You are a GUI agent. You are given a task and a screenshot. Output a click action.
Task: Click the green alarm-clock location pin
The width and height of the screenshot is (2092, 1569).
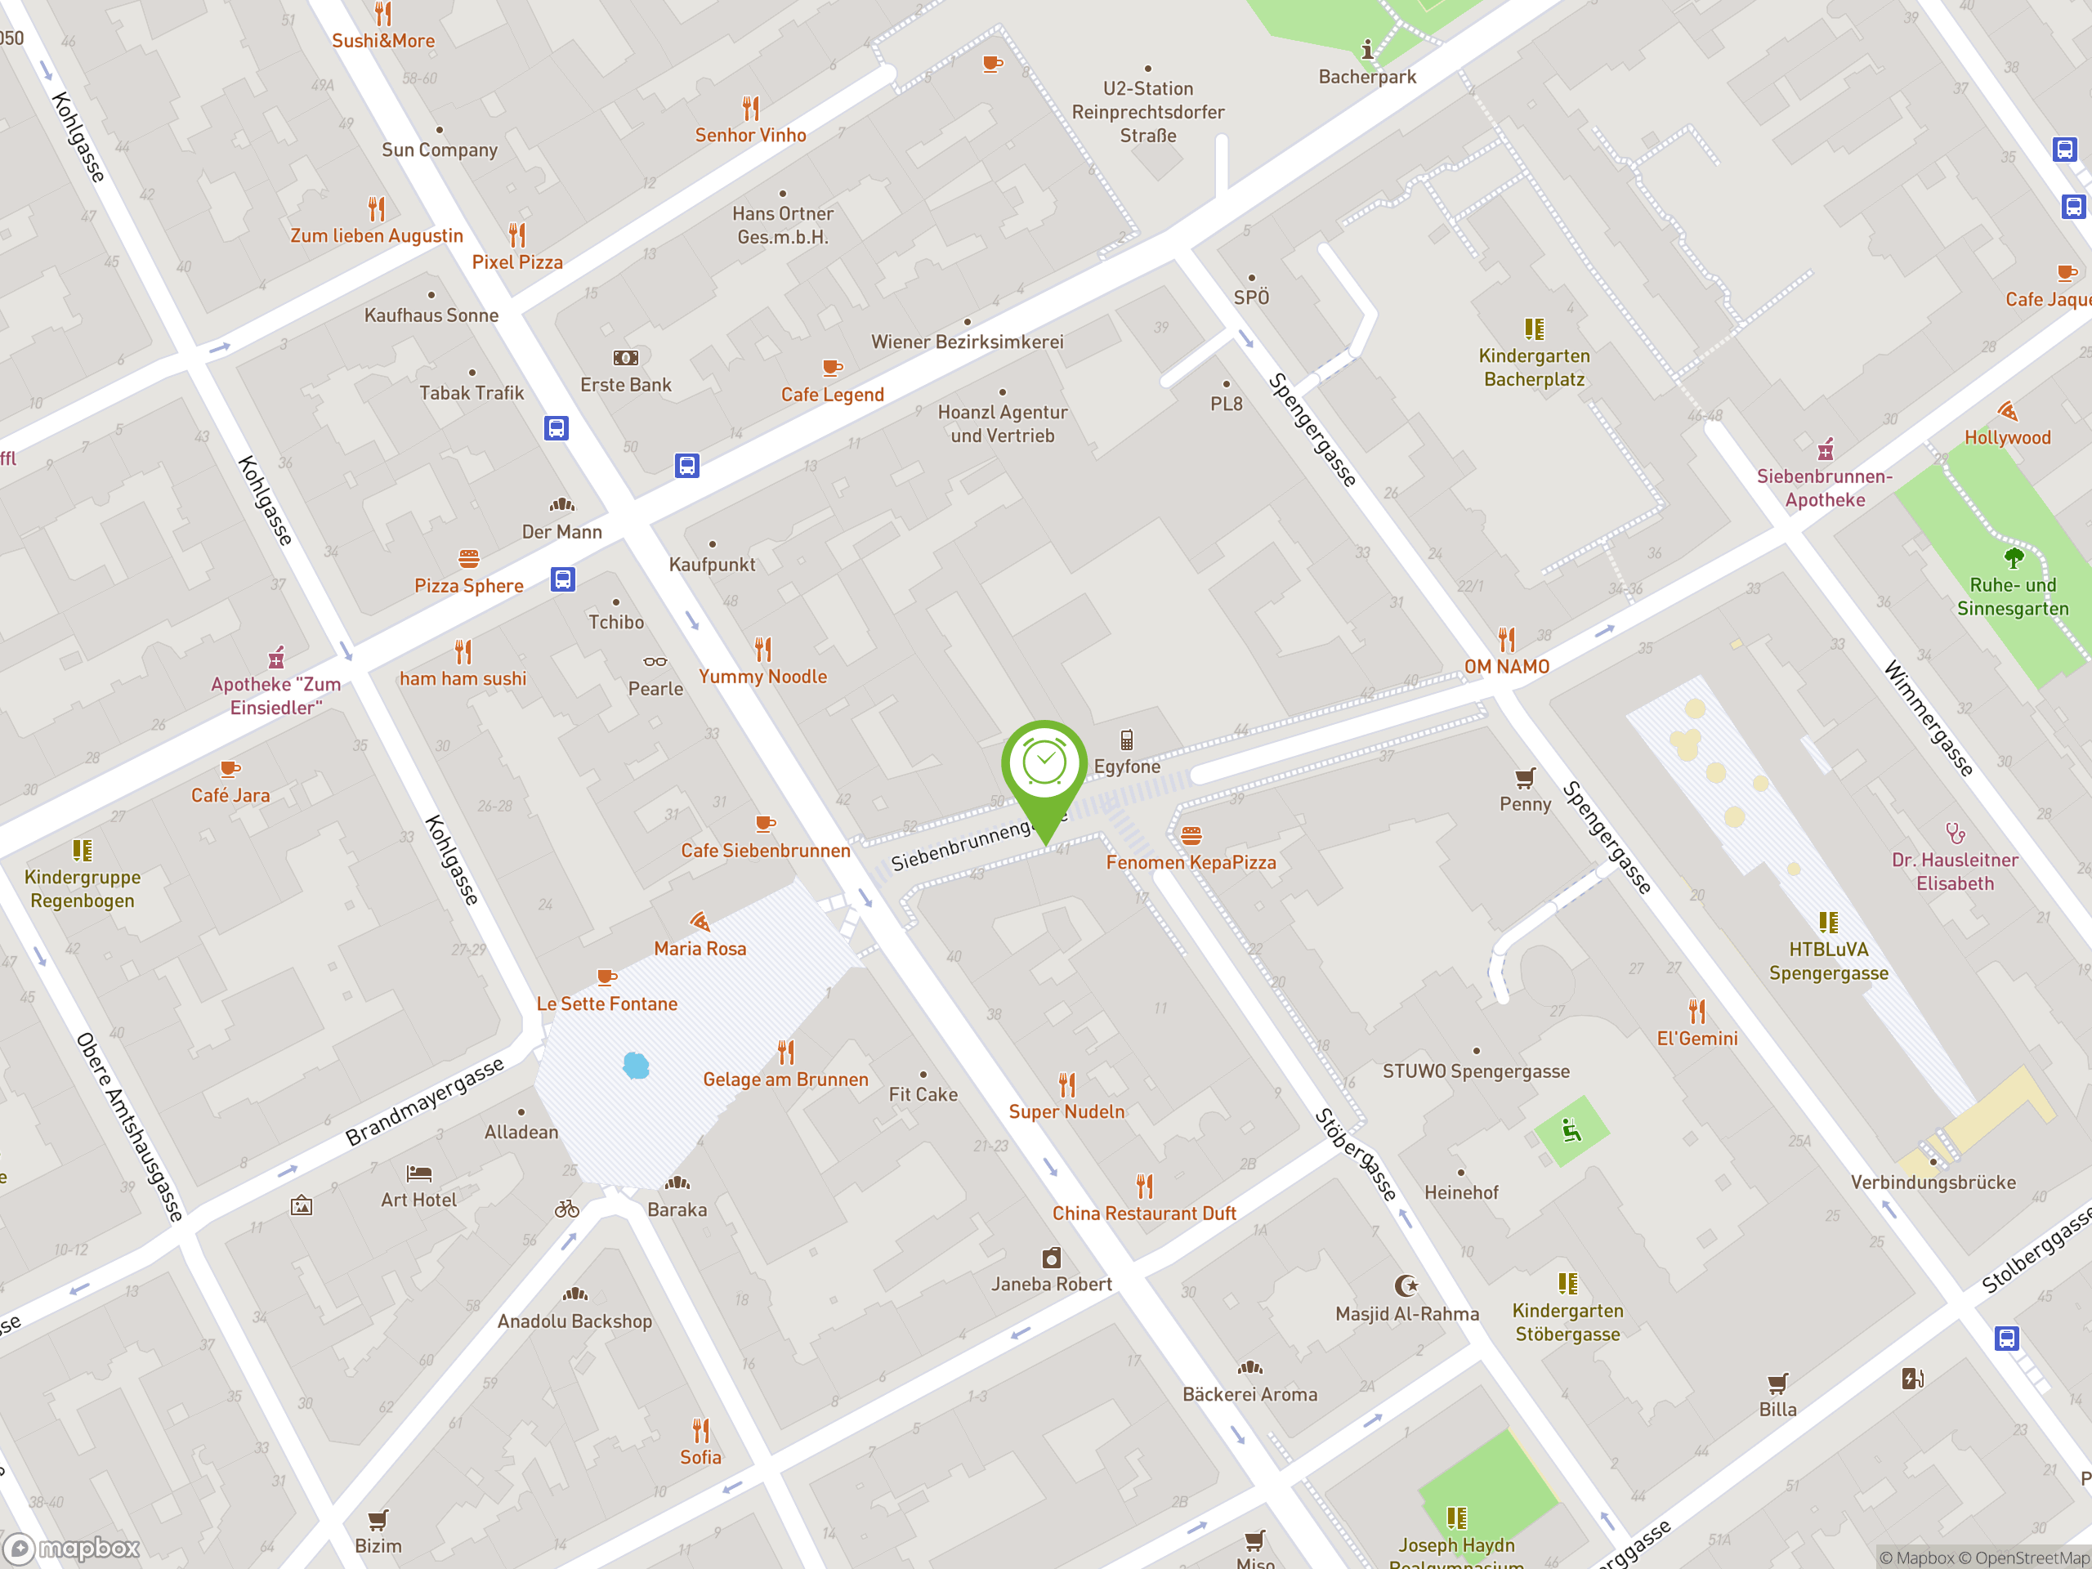tap(1044, 766)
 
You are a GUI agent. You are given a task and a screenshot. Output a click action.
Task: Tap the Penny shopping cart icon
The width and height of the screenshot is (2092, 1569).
tap(1525, 778)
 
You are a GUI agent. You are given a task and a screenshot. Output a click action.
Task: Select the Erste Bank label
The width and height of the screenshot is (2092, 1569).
tap(625, 385)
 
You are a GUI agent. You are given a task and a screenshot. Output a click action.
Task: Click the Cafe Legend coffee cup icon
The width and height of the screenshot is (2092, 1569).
tap(832, 367)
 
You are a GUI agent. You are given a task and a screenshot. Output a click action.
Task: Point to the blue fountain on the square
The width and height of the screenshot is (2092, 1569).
tap(637, 1066)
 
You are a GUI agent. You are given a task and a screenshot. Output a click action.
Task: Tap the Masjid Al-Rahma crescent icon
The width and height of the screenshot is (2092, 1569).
tap(1406, 1285)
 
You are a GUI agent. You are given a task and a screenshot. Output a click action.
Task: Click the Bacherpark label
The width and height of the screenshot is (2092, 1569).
tap(1366, 77)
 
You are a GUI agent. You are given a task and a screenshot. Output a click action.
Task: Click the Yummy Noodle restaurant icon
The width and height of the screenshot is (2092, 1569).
tap(763, 650)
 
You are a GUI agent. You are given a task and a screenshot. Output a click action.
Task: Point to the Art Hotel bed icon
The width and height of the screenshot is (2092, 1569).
tap(419, 1173)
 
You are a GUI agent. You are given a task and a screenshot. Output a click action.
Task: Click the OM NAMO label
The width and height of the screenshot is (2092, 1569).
tap(1507, 667)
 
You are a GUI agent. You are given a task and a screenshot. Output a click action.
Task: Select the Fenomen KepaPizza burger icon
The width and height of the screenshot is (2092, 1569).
tap(1191, 836)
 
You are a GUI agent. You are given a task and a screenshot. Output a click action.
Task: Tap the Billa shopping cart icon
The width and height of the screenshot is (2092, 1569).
tap(1777, 1383)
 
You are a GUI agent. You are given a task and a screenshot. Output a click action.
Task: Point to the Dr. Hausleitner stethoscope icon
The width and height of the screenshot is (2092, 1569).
tap(1955, 834)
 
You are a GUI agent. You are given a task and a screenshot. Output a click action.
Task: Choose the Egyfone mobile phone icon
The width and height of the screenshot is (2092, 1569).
tap(1126, 740)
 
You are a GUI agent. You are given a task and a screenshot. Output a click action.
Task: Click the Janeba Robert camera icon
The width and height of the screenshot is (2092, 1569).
tap(1052, 1258)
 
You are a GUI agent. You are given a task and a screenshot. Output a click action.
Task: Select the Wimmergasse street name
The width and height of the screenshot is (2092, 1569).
tap(1929, 720)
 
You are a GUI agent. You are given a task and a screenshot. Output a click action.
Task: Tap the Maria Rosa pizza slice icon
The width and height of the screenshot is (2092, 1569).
tap(700, 921)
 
